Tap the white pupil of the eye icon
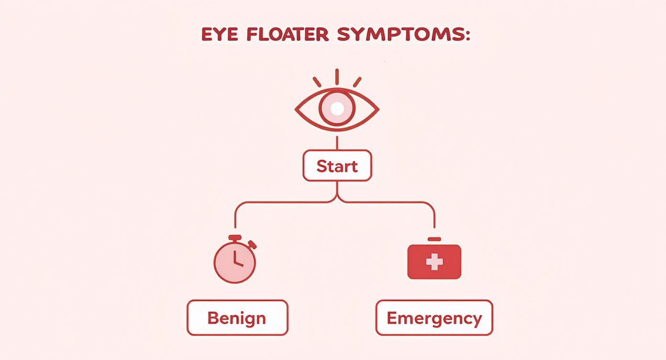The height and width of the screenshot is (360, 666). click(x=337, y=109)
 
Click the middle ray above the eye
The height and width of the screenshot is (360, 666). click(x=337, y=77)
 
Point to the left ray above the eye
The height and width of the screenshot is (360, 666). click(x=317, y=82)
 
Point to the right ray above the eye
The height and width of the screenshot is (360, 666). click(x=357, y=82)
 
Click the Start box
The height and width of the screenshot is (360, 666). click(x=337, y=166)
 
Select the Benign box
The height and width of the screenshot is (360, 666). click(x=237, y=318)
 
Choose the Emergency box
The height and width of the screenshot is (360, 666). click(x=434, y=318)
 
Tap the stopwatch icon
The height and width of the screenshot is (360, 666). click(x=234, y=261)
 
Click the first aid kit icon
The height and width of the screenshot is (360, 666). click(x=434, y=261)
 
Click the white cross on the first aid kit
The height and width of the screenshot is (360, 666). click(x=434, y=262)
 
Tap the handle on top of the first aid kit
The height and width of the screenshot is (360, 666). click(x=434, y=238)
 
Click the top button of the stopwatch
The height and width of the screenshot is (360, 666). click(x=234, y=237)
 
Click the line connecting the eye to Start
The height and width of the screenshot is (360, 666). click(x=337, y=143)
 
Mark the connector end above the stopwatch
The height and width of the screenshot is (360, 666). click(x=235, y=225)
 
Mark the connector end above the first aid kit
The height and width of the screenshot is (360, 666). click(x=434, y=225)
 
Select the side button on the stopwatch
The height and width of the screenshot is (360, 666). click(x=252, y=245)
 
